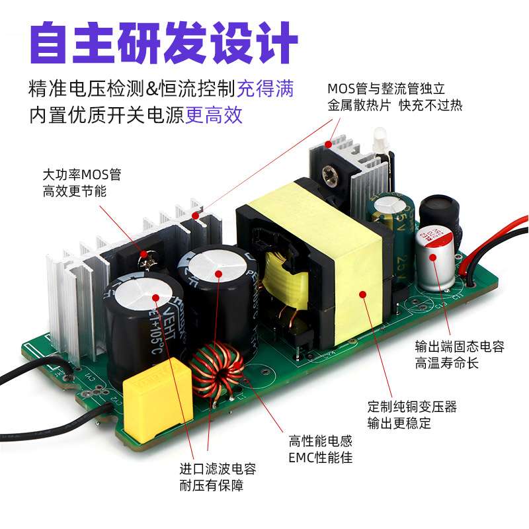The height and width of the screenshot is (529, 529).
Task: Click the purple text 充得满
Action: [x=266, y=89]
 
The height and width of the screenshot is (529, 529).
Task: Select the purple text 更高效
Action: [x=214, y=115]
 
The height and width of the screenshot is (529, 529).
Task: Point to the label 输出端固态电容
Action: [x=460, y=346]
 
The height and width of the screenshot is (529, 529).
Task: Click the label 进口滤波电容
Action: [x=218, y=469]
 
